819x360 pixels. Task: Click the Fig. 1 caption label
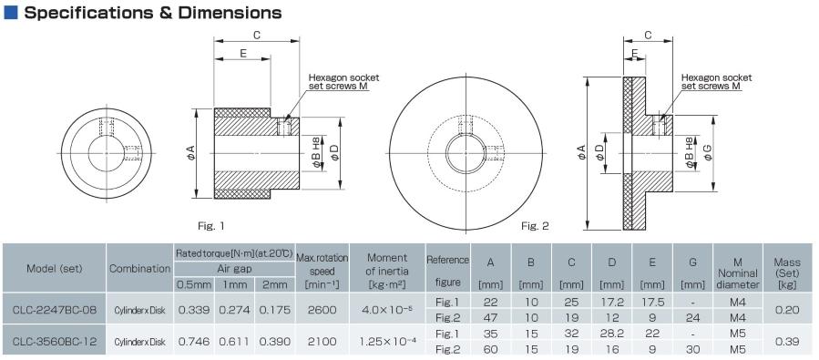tap(211, 224)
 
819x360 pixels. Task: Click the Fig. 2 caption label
tap(535, 224)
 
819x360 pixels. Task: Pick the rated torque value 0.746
tap(193, 341)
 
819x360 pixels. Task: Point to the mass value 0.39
tap(786, 341)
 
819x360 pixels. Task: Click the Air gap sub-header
tap(233, 268)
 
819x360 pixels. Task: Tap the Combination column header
tap(140, 269)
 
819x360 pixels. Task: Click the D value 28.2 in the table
tap(611, 334)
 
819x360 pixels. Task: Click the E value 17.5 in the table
tap(652, 302)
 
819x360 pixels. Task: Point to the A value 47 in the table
tap(490, 317)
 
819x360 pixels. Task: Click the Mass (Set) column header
tap(786, 268)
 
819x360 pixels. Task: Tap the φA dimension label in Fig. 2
tap(580, 155)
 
